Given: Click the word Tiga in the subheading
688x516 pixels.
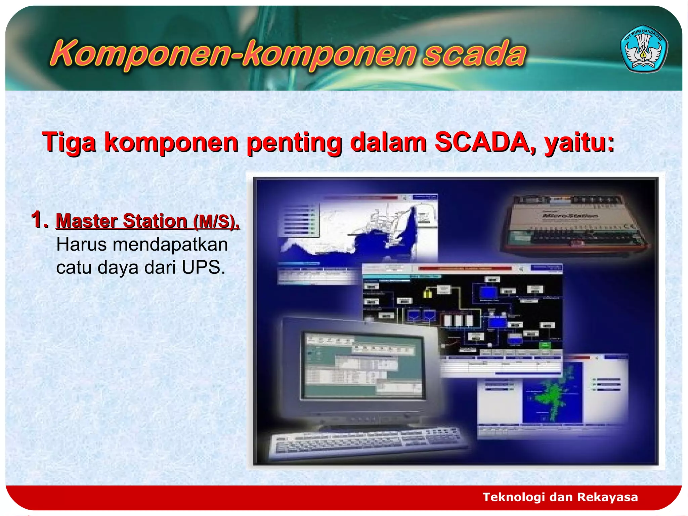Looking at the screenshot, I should click(x=69, y=142).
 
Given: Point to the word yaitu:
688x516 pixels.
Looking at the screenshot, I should click(x=579, y=143).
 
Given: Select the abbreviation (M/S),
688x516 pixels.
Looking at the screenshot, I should click(x=216, y=221).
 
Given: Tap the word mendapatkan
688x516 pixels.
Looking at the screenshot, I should click(x=170, y=245).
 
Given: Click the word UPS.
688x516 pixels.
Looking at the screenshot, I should click(x=203, y=268).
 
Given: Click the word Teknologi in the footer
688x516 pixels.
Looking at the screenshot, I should click(x=513, y=497).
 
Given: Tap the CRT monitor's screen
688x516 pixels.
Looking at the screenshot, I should click(x=363, y=366).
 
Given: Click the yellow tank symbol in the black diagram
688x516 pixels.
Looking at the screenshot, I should click(x=427, y=293).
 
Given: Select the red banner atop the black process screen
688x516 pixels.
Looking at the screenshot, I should click(x=465, y=268).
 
